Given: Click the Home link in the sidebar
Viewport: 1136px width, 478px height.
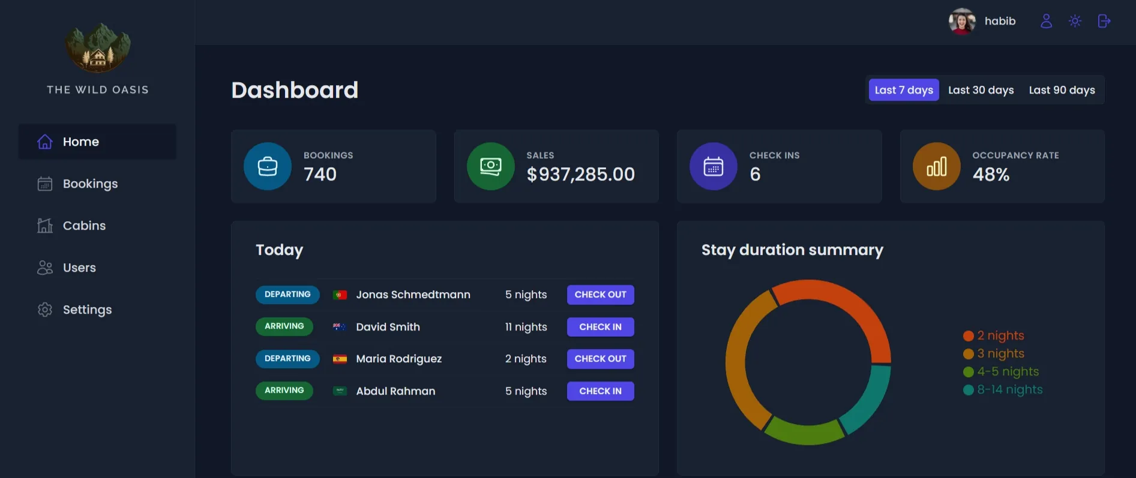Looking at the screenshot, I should pyautogui.click(x=80, y=142).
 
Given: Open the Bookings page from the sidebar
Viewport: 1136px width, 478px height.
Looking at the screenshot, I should pyautogui.click(x=90, y=184).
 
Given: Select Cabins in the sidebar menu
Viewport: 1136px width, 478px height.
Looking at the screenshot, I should pyautogui.click(x=84, y=226).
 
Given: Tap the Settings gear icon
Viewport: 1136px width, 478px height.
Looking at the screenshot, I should pyautogui.click(x=45, y=310).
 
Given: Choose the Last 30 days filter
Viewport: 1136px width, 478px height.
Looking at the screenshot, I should pyautogui.click(x=981, y=90).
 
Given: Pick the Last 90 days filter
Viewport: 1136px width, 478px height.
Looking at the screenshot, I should pyautogui.click(x=1062, y=90).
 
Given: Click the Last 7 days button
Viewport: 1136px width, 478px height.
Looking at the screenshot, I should pyautogui.click(x=904, y=90).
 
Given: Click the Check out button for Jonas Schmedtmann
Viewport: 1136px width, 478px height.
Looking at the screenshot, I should pyautogui.click(x=600, y=294).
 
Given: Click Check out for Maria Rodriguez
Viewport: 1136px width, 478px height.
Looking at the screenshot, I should pyautogui.click(x=600, y=359).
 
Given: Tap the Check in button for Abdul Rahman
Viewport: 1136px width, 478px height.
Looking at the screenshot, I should pyautogui.click(x=600, y=391).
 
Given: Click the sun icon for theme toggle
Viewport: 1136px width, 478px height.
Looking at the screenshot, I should pyautogui.click(x=1075, y=21).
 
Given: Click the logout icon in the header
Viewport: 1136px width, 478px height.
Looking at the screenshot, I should pyautogui.click(x=1104, y=21).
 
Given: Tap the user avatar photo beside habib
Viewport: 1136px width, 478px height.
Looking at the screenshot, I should pyautogui.click(x=962, y=22).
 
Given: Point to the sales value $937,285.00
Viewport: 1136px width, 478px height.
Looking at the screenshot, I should pyautogui.click(x=580, y=175).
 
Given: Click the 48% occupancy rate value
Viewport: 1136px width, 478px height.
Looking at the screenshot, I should pyautogui.click(x=991, y=175).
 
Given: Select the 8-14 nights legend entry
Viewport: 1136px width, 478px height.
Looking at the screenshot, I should pyautogui.click(x=1009, y=390).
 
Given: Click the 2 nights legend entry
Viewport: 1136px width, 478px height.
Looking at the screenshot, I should pyautogui.click(x=1000, y=336).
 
